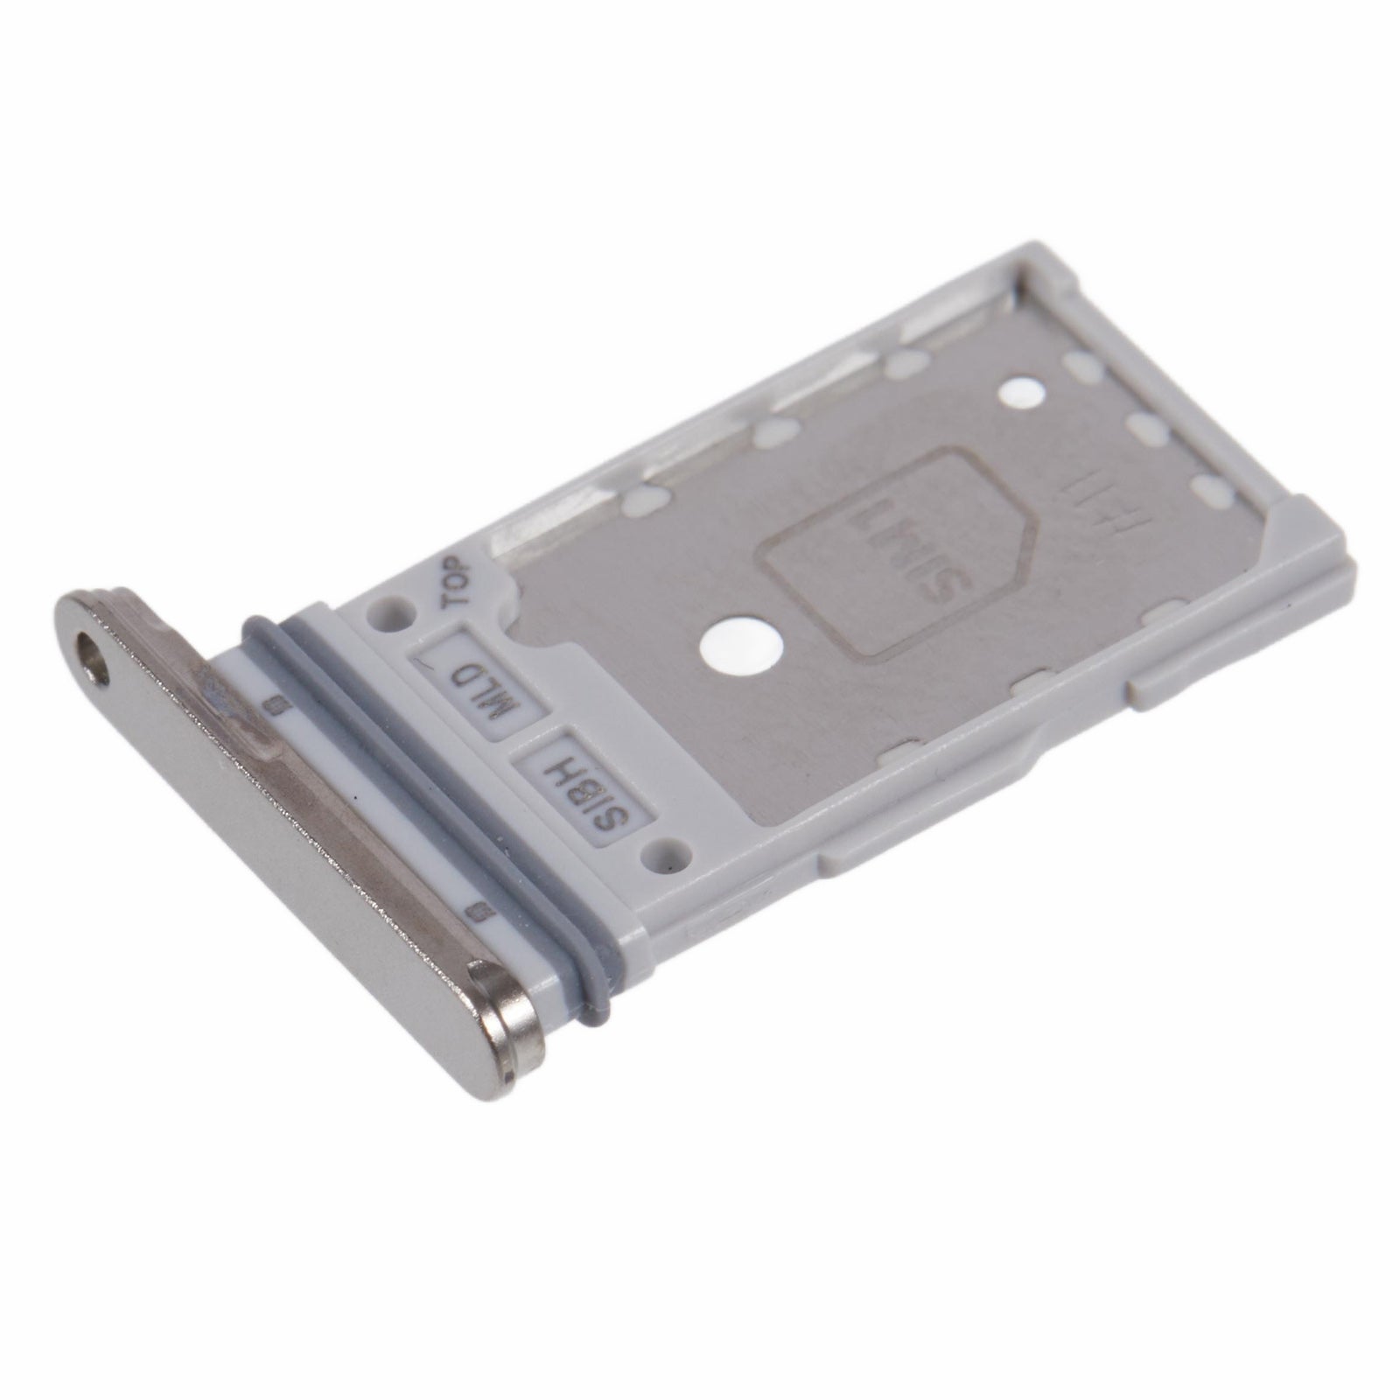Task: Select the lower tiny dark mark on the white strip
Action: (473, 913)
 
